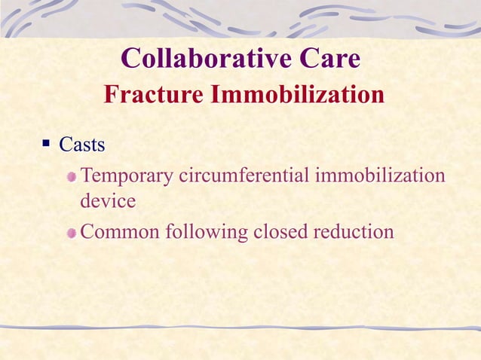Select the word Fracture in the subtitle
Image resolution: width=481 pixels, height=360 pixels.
(153, 96)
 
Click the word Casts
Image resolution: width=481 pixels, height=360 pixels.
(81, 143)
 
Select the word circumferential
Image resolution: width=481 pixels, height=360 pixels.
(244, 177)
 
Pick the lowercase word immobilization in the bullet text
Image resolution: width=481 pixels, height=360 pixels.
(380, 177)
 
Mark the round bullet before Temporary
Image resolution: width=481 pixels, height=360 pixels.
(71, 178)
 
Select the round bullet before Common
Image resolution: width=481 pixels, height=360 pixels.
(71, 232)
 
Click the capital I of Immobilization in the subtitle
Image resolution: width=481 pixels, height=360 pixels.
(215, 96)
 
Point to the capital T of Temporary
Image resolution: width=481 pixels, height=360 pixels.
(86, 176)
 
